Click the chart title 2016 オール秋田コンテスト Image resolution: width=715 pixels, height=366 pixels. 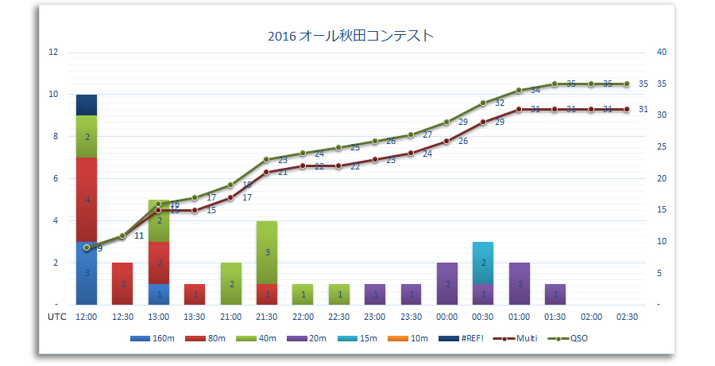click(x=350, y=36)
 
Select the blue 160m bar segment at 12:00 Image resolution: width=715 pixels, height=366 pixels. click(x=87, y=273)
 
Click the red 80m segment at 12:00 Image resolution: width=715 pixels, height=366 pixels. click(x=87, y=199)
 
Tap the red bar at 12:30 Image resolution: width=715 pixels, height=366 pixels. click(x=122, y=283)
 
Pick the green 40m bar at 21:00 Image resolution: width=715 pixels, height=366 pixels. click(x=230, y=283)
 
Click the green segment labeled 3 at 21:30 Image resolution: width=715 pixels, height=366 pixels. click(x=267, y=252)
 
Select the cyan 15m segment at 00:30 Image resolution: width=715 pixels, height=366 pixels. click(x=483, y=263)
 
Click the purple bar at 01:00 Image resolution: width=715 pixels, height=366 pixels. click(x=519, y=283)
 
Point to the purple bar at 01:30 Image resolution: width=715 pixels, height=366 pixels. click(x=555, y=294)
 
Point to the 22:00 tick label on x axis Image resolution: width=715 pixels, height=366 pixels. click(x=303, y=316)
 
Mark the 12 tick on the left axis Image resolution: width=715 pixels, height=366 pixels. click(x=53, y=53)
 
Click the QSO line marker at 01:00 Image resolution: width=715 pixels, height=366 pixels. click(x=519, y=91)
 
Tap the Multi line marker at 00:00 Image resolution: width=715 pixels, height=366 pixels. click(x=446, y=141)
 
